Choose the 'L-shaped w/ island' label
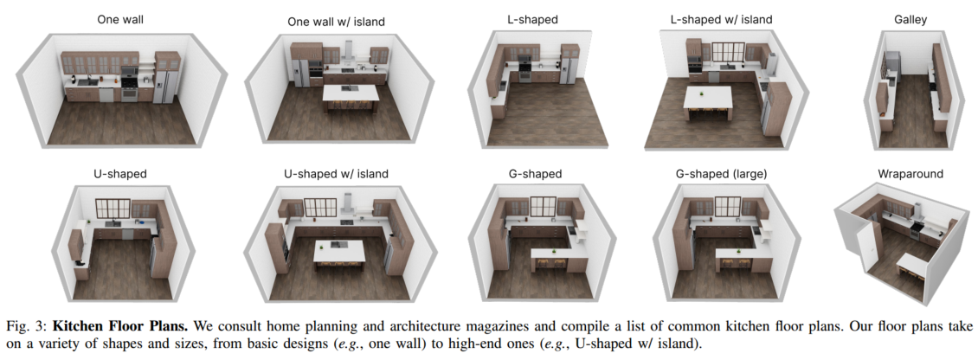(721, 18)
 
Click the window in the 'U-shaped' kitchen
(113, 209)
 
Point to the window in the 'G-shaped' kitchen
(543, 207)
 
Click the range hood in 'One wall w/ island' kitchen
(348, 49)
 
